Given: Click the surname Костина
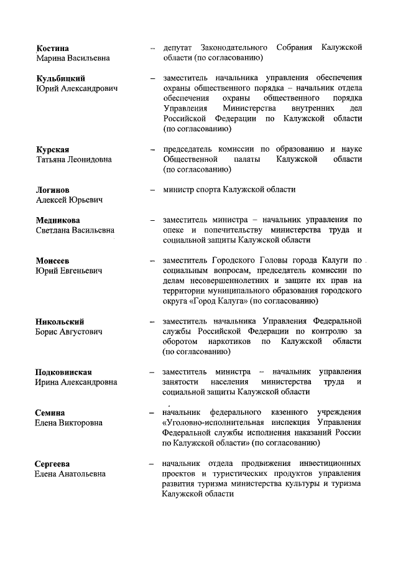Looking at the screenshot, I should tap(52, 48).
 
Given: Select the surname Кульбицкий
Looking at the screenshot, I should tap(60, 78).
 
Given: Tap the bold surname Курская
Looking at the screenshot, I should tap(53, 149).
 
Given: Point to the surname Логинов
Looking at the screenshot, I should tap(53, 190).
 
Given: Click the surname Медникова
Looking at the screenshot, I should tap(58, 220).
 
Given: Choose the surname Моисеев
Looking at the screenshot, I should tap(52, 261).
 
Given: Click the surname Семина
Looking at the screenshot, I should tap(50, 412).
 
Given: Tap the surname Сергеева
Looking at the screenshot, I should tap(53, 463).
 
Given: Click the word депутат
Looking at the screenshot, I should tap(178, 48).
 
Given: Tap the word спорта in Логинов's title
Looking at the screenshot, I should tap(209, 190).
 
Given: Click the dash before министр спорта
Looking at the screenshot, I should tap(152, 190).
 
